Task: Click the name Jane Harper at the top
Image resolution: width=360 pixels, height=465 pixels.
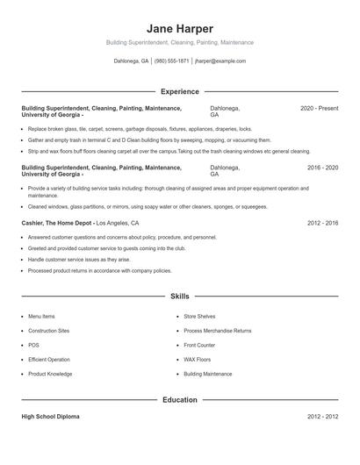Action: click(x=180, y=28)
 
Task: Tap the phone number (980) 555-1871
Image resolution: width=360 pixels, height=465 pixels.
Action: click(x=171, y=61)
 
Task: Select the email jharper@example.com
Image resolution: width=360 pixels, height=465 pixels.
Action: click(x=220, y=61)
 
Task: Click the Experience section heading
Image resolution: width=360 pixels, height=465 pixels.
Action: click(x=180, y=91)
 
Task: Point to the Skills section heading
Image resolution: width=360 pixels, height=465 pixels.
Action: click(x=180, y=297)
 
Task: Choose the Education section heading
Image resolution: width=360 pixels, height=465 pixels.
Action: click(x=180, y=400)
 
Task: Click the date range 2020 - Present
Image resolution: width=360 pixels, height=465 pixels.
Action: click(x=319, y=108)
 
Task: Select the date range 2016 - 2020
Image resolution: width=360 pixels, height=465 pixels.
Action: click(x=322, y=167)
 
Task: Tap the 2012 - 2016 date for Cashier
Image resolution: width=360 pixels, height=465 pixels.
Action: click(x=322, y=223)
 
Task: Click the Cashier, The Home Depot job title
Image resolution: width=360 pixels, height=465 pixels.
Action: click(x=56, y=223)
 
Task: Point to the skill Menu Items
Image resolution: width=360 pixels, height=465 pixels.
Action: click(x=41, y=316)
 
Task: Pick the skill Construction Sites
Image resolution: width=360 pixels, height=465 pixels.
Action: click(x=48, y=331)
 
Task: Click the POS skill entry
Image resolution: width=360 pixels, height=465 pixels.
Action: click(x=33, y=345)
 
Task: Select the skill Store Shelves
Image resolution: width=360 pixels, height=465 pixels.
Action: click(x=199, y=316)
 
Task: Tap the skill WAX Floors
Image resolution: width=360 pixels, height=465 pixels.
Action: click(x=198, y=360)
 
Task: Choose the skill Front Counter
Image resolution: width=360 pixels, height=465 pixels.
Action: click(x=199, y=345)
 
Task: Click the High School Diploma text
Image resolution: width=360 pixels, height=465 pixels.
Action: click(x=50, y=417)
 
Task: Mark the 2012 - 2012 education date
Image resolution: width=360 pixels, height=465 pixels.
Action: click(x=322, y=417)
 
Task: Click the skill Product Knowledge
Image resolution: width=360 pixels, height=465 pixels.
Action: click(x=50, y=374)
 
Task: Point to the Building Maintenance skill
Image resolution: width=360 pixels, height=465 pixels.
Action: click(x=208, y=374)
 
